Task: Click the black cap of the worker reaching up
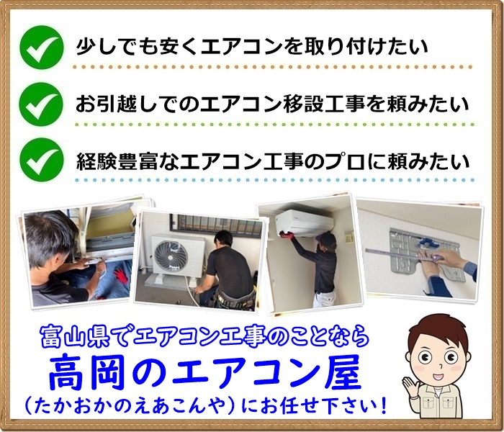327,238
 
